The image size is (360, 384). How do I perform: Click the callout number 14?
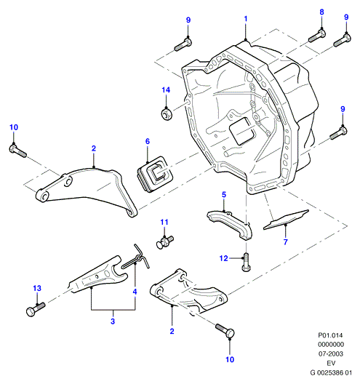[x=166, y=90]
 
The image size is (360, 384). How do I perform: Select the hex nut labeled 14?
[x=167, y=114]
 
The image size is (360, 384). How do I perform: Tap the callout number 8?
[x=321, y=12]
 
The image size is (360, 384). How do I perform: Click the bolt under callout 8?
[x=317, y=36]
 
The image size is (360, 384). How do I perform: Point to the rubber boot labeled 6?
[x=153, y=174]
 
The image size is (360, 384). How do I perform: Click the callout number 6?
[x=148, y=141]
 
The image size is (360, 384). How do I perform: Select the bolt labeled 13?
[x=36, y=309]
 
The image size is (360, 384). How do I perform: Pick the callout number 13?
[x=37, y=288]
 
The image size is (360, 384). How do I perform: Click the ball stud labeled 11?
[x=165, y=241]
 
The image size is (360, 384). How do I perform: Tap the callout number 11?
[x=164, y=222]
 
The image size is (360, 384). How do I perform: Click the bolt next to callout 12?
[x=246, y=263]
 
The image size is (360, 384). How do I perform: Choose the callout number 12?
[x=224, y=258]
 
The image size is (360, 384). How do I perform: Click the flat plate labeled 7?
[x=286, y=220]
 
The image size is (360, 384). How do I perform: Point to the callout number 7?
[x=286, y=242]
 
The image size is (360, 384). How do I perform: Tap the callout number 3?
[x=113, y=321]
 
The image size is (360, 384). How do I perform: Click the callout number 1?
[x=246, y=19]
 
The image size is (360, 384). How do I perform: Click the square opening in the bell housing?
[x=241, y=131]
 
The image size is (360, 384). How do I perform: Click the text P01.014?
[x=330, y=335]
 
